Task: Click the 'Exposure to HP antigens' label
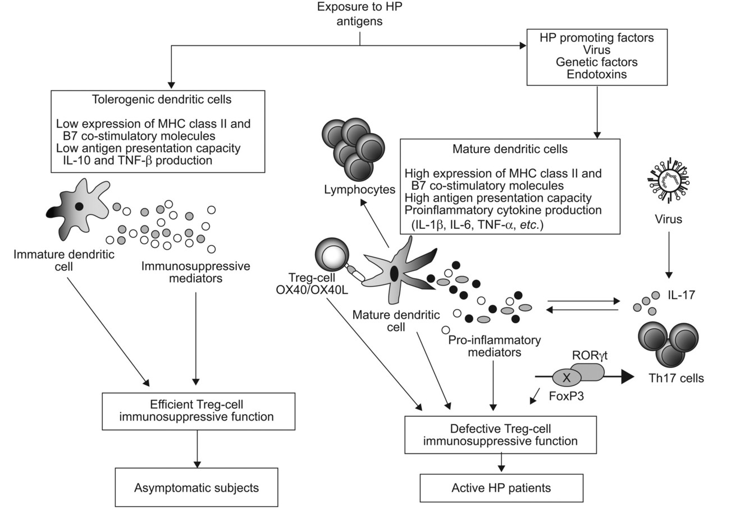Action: point(359,15)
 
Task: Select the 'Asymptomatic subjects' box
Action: point(197,488)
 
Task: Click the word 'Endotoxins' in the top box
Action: point(597,74)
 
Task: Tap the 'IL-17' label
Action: point(682,293)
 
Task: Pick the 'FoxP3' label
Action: point(567,393)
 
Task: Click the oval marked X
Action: point(567,378)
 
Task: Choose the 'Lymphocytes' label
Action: point(359,190)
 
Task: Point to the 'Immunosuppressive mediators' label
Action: point(195,272)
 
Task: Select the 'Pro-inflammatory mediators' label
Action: point(494,346)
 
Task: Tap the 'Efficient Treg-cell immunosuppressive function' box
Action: point(197,411)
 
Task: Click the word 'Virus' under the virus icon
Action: point(668,219)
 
